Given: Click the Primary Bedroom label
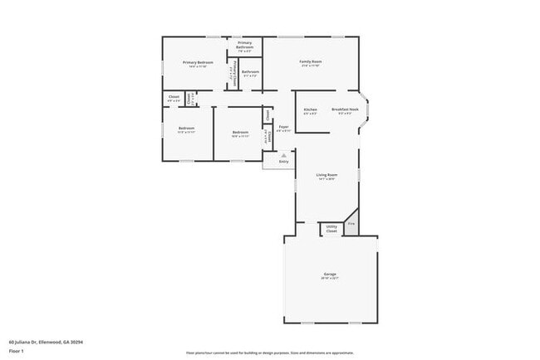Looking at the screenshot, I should click(198, 63).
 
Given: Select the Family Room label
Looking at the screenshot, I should click(311, 62).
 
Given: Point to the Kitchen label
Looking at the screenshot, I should click(310, 110).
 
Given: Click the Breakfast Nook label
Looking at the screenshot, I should click(345, 110).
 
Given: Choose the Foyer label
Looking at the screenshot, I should click(283, 127).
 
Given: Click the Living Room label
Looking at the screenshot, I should click(326, 175).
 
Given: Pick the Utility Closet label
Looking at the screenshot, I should click(331, 228).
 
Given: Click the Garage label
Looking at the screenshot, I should click(330, 275).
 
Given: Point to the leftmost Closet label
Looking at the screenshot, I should click(174, 98).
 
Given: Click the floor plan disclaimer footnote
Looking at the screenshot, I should click(269, 352).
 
